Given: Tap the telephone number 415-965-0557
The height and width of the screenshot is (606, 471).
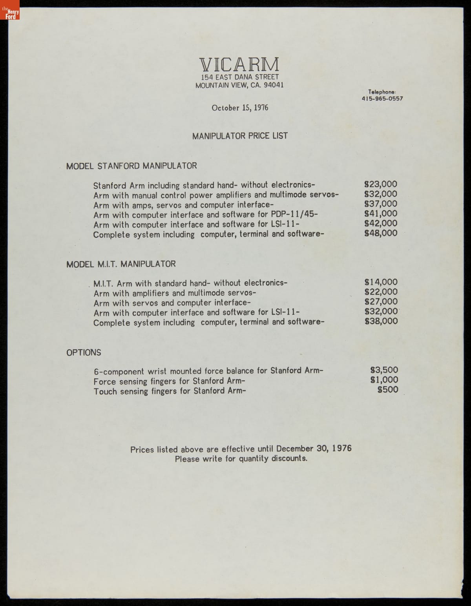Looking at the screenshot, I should tap(382, 99).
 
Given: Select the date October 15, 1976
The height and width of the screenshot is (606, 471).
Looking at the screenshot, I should tap(240, 108).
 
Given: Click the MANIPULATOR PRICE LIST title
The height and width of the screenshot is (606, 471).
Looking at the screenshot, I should tap(240, 136).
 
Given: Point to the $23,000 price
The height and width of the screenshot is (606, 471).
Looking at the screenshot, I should tap(381, 184).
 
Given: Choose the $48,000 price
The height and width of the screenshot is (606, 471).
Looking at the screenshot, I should tap(381, 233).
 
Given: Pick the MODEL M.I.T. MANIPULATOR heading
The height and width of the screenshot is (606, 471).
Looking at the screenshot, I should tap(121, 264).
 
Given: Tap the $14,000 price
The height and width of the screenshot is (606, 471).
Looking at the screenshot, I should tap(381, 282).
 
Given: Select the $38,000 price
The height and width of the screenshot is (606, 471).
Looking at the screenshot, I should tap(381, 321).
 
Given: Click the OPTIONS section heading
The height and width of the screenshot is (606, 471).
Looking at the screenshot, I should tap(84, 352).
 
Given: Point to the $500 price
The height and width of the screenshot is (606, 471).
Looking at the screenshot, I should tap(387, 390).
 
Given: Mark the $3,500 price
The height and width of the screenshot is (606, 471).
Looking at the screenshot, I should tap(384, 370).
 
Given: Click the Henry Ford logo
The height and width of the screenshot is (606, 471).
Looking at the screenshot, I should tap(10, 10).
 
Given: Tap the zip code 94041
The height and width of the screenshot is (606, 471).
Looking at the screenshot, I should tap(274, 85).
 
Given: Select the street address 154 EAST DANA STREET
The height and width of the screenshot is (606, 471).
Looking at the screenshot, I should tap(240, 77).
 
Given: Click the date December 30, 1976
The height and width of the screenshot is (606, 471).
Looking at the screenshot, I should tap(314, 449).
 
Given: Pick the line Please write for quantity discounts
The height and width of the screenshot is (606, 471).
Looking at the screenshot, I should tap(241, 458).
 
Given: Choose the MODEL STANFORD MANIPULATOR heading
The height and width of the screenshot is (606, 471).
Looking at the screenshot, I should tap(131, 166).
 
